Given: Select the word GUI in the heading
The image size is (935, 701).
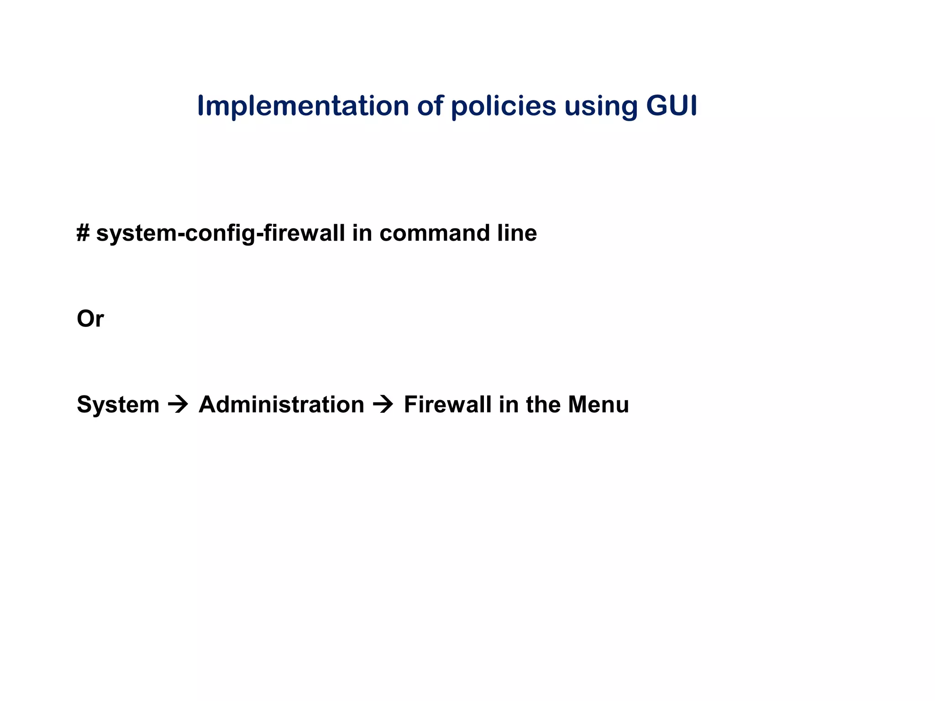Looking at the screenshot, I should click(671, 106).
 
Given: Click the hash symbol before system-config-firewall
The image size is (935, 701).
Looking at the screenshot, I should click(83, 233).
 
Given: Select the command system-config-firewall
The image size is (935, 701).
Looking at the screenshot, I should click(221, 234).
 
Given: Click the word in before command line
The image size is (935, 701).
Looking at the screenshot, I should click(362, 233).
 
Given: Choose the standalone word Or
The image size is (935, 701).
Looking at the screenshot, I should click(90, 319).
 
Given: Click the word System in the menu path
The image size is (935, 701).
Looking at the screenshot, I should click(118, 405).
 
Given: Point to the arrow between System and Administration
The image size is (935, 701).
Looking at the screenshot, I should click(178, 405).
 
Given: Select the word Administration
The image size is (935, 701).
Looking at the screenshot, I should click(281, 405).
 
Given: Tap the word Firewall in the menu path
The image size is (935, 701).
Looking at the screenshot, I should click(447, 405).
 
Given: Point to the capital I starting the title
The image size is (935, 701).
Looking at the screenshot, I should click(200, 106).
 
